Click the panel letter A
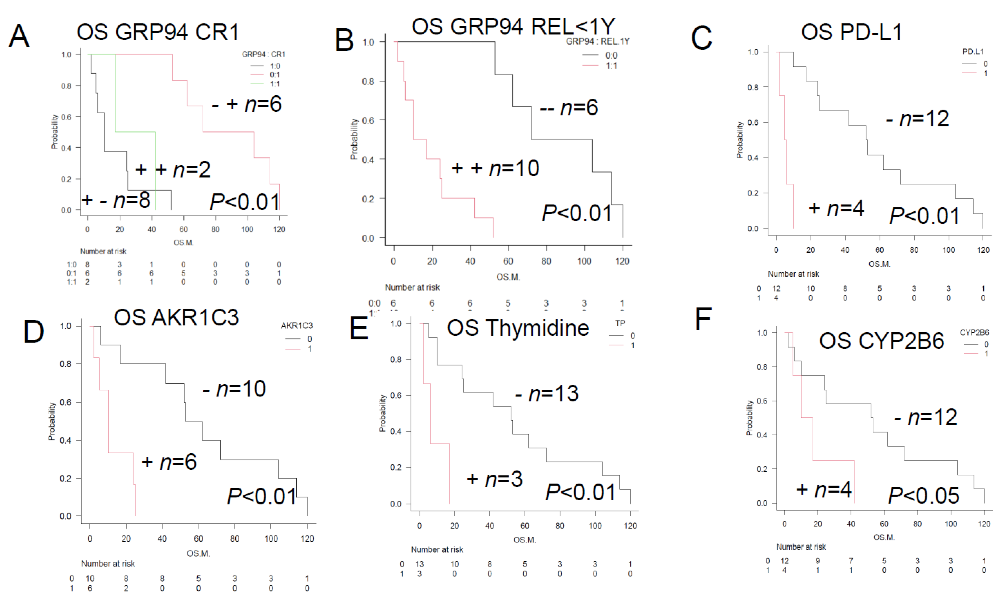19,36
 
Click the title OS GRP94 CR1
157,32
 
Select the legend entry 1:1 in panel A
275,84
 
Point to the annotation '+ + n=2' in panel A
173,169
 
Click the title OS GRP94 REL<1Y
513,27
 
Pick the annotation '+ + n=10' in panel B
495,168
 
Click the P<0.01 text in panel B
577,213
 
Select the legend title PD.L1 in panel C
973,51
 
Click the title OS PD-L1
851,32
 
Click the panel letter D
33,331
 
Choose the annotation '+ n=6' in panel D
169,462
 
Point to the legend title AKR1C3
297,325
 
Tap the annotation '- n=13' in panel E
546,394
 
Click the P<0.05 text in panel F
923,496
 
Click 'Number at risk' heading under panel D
108,563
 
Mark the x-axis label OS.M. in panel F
884,537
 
